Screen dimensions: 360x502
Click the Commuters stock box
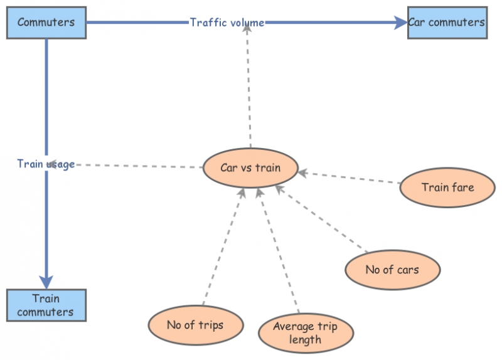[x=46, y=23]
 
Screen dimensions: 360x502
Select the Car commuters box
[x=447, y=23]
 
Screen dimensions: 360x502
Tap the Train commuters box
[x=46, y=305]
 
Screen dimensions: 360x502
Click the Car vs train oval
[x=250, y=168]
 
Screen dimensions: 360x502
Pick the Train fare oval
[x=447, y=187]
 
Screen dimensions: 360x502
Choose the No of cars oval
[x=392, y=270]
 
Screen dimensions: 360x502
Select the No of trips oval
[x=195, y=325]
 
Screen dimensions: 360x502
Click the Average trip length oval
[x=305, y=333]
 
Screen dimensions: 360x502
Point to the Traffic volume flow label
[x=227, y=23]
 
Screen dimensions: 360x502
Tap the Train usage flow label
[x=46, y=164]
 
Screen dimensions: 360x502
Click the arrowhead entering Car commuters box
[x=401, y=23]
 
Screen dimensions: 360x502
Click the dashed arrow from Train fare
[x=351, y=177]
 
